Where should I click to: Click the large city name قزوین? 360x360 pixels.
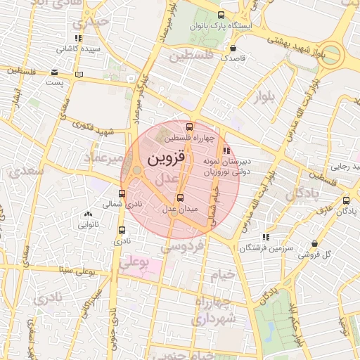coord(167,159)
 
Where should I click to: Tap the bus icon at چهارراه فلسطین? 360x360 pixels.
coord(189,127)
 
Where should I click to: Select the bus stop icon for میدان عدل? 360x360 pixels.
coord(180,198)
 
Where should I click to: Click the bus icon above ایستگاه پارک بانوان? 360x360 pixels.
coord(221,15)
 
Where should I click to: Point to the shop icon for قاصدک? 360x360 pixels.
coord(233,48)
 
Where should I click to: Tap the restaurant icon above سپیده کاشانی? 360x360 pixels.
coord(77,39)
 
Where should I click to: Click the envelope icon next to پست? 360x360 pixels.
coord(55,72)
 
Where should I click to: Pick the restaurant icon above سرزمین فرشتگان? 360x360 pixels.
coord(265,238)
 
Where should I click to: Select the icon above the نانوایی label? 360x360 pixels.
coord(88,214)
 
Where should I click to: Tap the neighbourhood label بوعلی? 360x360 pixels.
coord(134,264)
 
